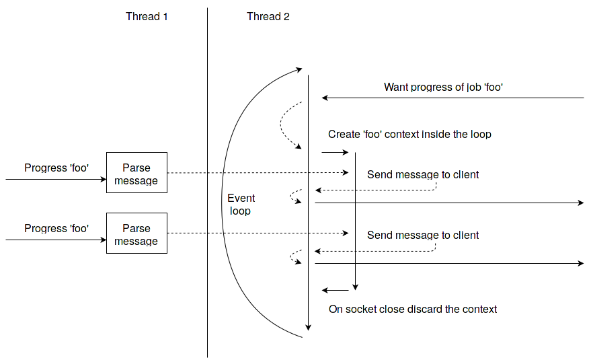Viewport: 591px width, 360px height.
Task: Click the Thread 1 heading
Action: point(147,16)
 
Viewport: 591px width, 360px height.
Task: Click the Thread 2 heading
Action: point(268,16)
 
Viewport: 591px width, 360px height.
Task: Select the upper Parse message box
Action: point(136,173)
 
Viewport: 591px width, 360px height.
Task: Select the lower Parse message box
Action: point(136,233)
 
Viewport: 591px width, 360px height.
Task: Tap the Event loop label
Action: point(241,205)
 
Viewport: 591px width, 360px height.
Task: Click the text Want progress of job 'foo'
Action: point(444,87)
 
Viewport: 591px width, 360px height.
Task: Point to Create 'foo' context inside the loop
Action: point(409,135)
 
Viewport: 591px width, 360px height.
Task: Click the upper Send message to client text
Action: point(423,175)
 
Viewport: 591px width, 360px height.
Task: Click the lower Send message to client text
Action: point(423,236)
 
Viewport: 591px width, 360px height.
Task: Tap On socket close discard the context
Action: point(413,310)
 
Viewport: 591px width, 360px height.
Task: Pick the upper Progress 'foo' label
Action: point(56,168)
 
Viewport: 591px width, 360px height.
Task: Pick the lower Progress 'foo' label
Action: point(56,229)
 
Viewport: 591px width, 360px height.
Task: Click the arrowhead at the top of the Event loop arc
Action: point(299,69)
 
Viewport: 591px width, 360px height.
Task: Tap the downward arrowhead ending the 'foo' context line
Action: point(355,286)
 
